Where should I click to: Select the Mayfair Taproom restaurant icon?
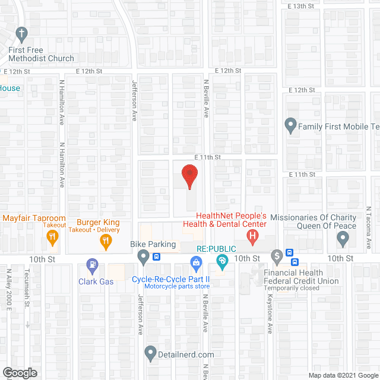pos(52,237)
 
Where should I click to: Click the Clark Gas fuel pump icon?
pos(92,264)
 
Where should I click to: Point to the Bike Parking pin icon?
pos(143,257)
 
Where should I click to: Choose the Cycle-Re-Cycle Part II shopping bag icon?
pos(195,262)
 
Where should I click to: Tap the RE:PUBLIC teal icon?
pos(222,261)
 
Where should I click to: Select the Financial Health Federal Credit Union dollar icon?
pos(277,257)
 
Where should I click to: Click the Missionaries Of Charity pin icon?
pos(343,239)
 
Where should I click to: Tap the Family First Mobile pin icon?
pos(290,126)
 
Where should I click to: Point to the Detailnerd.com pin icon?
pos(150,354)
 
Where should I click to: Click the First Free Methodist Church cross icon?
pos(22,34)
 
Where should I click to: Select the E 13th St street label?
pos(300,6)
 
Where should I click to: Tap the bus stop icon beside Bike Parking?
pos(156,257)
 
